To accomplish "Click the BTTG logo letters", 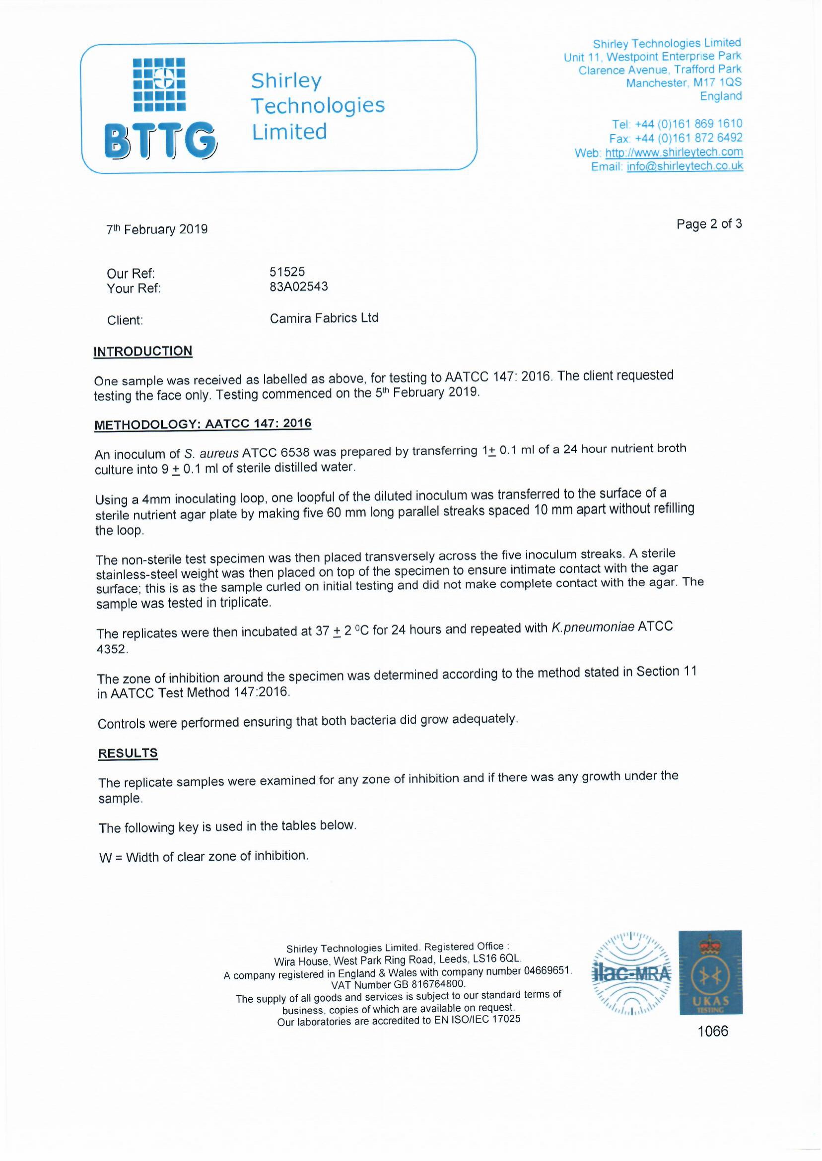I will tap(160, 140).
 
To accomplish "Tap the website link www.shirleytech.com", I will tap(674, 152).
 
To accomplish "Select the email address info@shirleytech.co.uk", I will tap(685, 166).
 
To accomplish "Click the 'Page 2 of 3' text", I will tap(709, 224).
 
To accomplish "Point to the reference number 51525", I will tap(287, 272).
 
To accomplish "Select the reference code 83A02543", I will tap(299, 287).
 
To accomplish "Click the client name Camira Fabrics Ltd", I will tap(324, 318).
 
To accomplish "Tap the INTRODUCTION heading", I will tap(143, 351).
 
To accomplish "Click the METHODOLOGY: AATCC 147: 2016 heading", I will tap(203, 424).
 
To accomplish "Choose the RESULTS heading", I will tap(128, 753).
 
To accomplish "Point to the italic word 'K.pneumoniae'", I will tap(592, 627).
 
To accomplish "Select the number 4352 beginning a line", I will tap(112, 649).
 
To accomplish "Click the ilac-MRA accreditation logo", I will tap(631, 973).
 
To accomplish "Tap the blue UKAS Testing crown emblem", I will tap(710, 972).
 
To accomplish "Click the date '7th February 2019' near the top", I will tap(157, 229).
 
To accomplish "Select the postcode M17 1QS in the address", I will tap(717, 82).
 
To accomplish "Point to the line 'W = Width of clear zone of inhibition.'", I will tap(204, 856).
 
